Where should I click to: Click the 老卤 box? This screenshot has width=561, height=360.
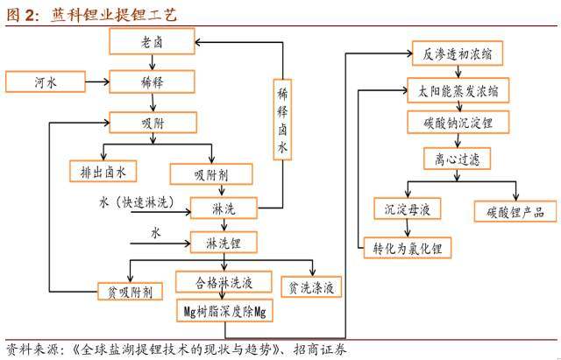click(153, 41)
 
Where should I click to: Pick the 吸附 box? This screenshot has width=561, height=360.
click(153, 123)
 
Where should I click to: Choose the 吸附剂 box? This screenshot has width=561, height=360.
click(210, 173)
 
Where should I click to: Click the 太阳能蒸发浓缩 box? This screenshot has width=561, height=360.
click(451, 89)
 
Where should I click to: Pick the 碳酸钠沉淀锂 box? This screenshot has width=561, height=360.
click(451, 124)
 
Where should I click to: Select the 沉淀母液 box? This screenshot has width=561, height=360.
click(407, 209)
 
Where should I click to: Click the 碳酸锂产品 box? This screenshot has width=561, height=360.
click(515, 211)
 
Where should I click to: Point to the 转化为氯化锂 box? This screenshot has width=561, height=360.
click(407, 249)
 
